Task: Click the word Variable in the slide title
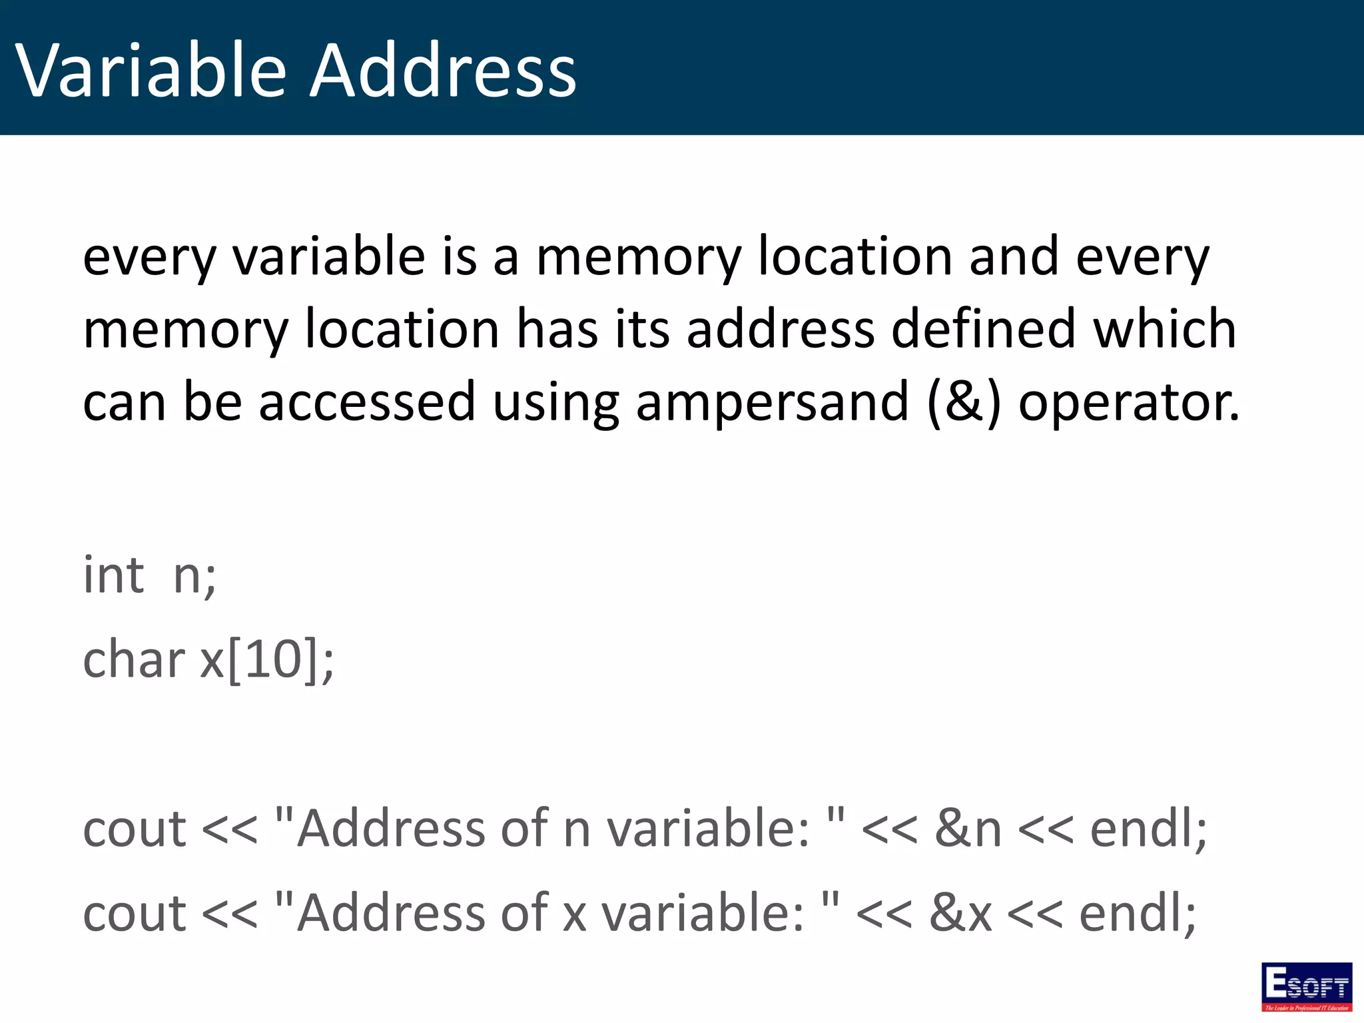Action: click(x=151, y=71)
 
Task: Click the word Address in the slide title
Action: click(x=444, y=71)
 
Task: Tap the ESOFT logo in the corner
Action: click(x=1306, y=987)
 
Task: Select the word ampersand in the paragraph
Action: click(x=772, y=402)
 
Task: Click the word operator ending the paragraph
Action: click(x=1129, y=404)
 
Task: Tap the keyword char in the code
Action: click(x=133, y=659)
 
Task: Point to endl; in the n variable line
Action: click(x=1148, y=829)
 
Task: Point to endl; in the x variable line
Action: click(x=1138, y=912)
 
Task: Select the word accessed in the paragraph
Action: click(x=367, y=402)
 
